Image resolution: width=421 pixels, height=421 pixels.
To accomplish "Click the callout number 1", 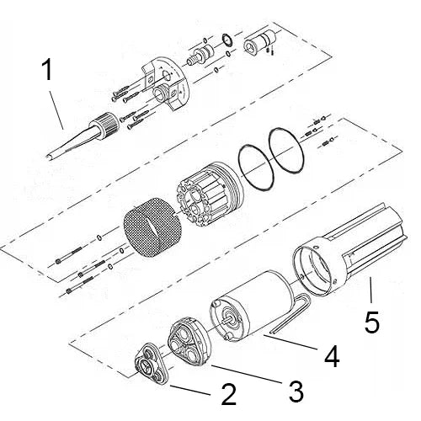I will pos(48,70).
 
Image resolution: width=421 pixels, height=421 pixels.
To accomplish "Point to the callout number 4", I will pos(332,357).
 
